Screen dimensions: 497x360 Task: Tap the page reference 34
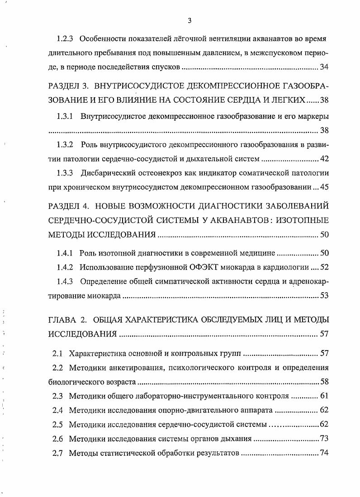324,67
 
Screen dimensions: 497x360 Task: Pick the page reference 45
324,187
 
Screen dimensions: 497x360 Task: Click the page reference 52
324,267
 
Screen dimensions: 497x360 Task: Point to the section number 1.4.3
66,282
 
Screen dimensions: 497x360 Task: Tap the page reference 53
324,296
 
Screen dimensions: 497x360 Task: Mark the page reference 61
324,396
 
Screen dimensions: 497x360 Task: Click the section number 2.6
57,439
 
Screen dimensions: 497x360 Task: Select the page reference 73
324,439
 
